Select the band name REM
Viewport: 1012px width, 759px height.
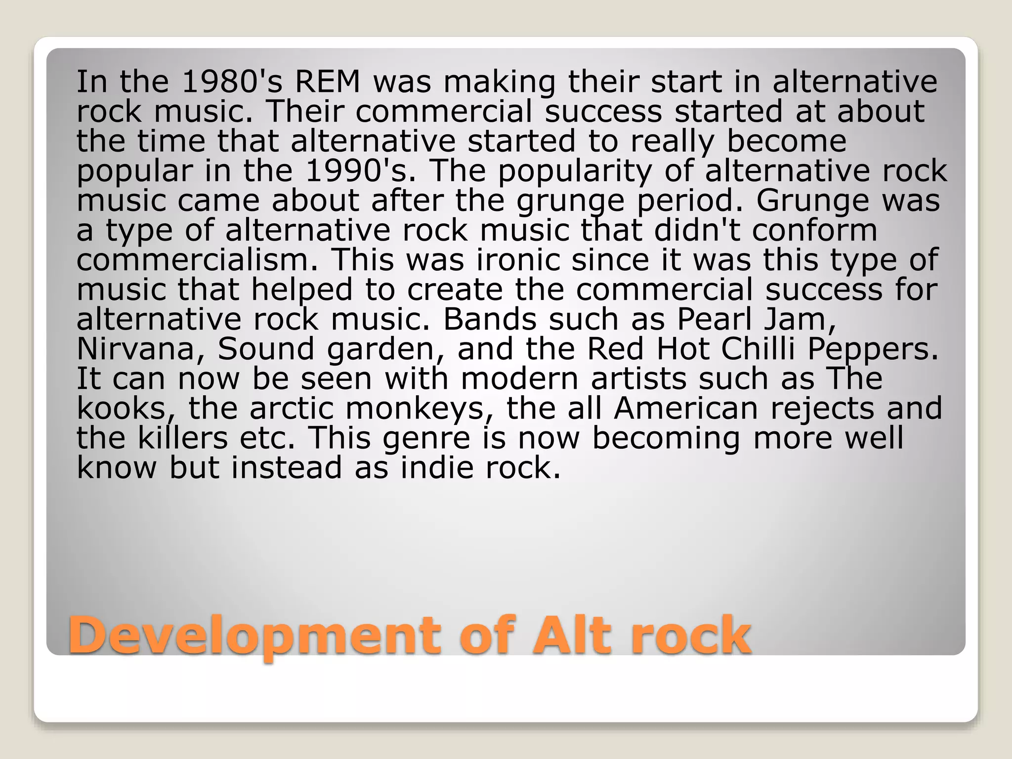pos(328,82)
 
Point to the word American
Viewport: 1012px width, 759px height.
pos(686,408)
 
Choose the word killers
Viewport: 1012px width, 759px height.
pos(183,438)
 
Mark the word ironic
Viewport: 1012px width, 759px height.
pos(518,260)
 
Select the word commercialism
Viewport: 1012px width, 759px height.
pos(197,260)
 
